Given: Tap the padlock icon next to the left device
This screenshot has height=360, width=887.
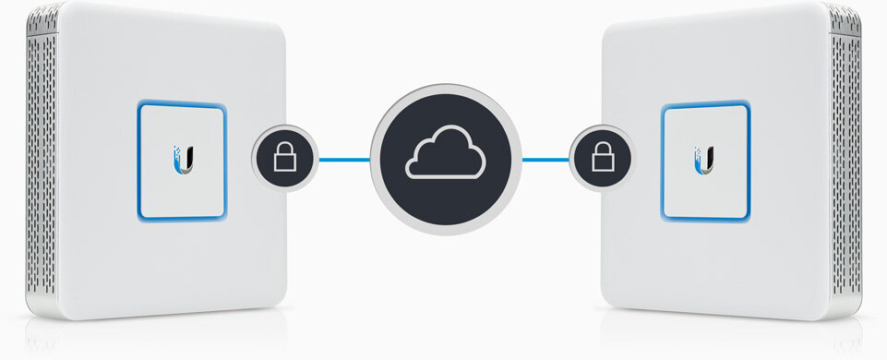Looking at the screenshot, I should [x=285, y=159].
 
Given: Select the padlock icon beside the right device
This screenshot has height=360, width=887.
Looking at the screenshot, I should [x=603, y=159].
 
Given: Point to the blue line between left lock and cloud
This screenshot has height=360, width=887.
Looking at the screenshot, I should [x=344, y=159].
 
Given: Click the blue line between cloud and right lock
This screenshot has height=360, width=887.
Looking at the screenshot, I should [x=545, y=159].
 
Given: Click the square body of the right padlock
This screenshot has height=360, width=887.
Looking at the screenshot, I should [x=603, y=163].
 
